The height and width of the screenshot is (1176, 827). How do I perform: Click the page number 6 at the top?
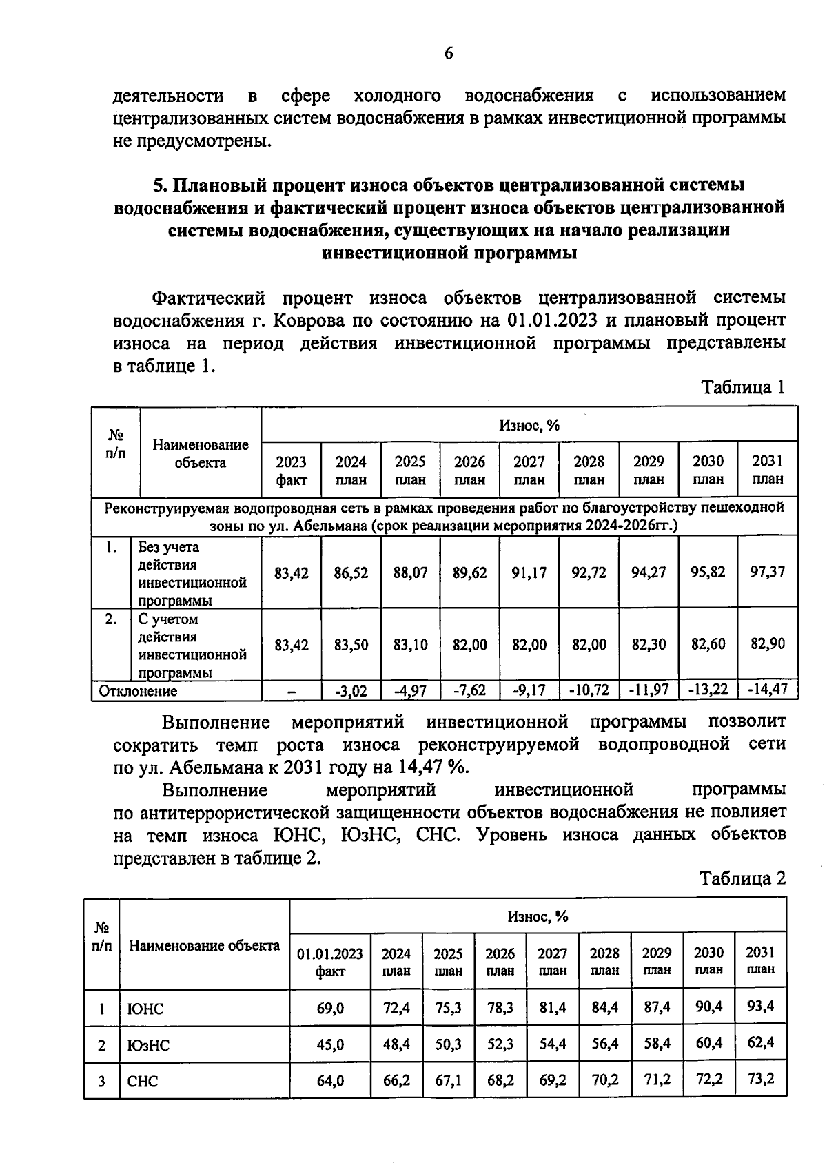click(448, 54)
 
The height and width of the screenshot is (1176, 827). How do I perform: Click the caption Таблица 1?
click(743, 387)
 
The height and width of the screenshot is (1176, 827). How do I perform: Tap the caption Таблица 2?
click(742, 878)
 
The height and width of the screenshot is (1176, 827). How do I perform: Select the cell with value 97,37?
click(768, 572)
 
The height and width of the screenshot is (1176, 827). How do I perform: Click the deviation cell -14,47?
click(768, 690)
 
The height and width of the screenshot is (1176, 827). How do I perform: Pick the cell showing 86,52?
click(351, 572)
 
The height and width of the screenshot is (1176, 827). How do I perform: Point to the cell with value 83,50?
click(351, 645)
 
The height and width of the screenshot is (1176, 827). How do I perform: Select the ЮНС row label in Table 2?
click(145, 1009)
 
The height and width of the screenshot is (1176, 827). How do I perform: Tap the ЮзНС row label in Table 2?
click(148, 1045)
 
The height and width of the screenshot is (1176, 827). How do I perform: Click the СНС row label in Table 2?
click(143, 1081)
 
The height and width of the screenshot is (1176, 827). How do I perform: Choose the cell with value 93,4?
click(760, 1007)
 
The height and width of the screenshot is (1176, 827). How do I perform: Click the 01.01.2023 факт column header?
click(329, 962)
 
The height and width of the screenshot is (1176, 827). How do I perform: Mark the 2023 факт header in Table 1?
click(292, 471)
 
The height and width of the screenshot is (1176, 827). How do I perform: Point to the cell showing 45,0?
click(330, 1045)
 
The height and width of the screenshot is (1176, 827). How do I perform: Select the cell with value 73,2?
click(760, 1079)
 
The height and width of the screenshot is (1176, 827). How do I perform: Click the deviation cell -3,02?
click(351, 690)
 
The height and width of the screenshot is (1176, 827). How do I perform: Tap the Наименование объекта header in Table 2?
click(204, 946)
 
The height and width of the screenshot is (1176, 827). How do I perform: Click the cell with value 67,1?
click(448, 1080)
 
